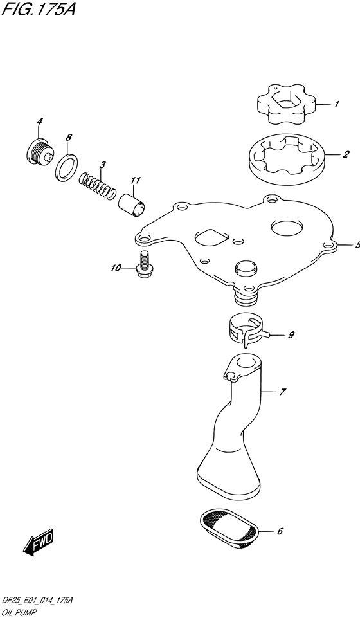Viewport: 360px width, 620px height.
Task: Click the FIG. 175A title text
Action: pyautogui.click(x=38, y=8)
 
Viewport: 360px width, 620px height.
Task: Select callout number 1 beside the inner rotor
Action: pyautogui.click(x=336, y=104)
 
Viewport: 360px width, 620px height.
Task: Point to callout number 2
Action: pyautogui.click(x=345, y=154)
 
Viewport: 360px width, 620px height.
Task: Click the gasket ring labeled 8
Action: pyautogui.click(x=66, y=167)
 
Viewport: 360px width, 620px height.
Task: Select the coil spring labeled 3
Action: pyautogui.click(x=97, y=185)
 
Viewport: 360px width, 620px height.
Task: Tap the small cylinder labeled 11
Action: pyautogui.click(x=132, y=205)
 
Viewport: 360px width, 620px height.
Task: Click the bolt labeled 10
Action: pyautogui.click(x=143, y=264)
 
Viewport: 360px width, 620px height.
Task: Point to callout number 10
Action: pyautogui.click(x=116, y=268)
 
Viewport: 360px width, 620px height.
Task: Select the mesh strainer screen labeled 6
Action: pyautogui.click(x=229, y=529)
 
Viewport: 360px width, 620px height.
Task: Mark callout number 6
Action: pyautogui.click(x=280, y=531)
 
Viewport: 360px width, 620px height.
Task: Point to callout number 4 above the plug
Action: pyautogui.click(x=39, y=122)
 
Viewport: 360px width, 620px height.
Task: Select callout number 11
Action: pyautogui.click(x=135, y=181)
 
